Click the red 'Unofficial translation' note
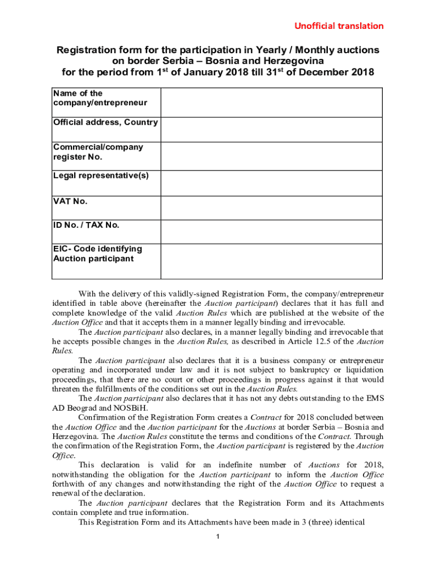point(338,26)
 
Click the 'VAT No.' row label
point(70,201)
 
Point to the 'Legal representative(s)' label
point(101,176)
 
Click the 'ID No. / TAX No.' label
point(86,225)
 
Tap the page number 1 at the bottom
point(218,536)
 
